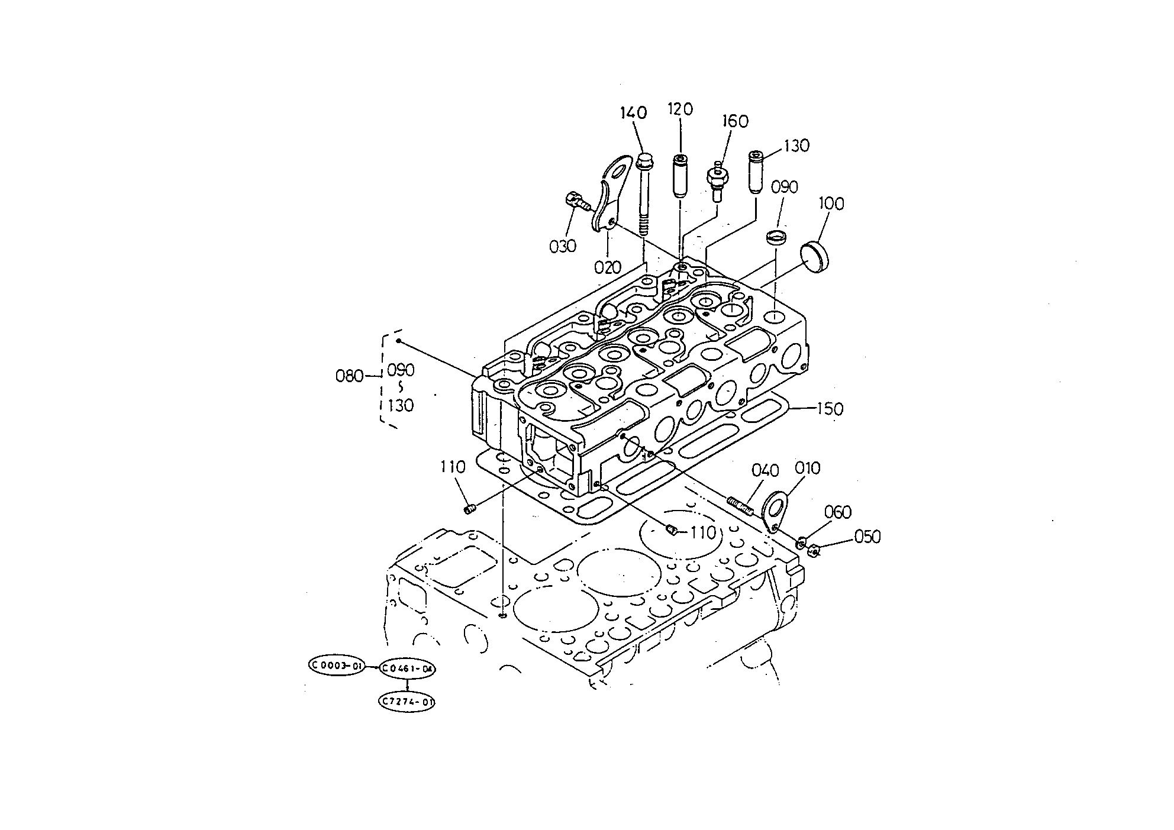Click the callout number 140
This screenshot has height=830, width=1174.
point(634,112)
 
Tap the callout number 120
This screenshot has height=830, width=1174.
point(680,109)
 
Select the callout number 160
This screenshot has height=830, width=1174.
point(735,121)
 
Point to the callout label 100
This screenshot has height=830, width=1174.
point(831,204)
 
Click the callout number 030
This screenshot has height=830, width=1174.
point(563,246)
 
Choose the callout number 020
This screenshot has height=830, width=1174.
point(608,268)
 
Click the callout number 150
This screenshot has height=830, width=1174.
point(830,409)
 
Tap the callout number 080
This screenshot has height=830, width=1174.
point(350,376)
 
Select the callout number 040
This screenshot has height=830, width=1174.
point(765,471)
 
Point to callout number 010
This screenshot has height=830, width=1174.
point(808,469)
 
